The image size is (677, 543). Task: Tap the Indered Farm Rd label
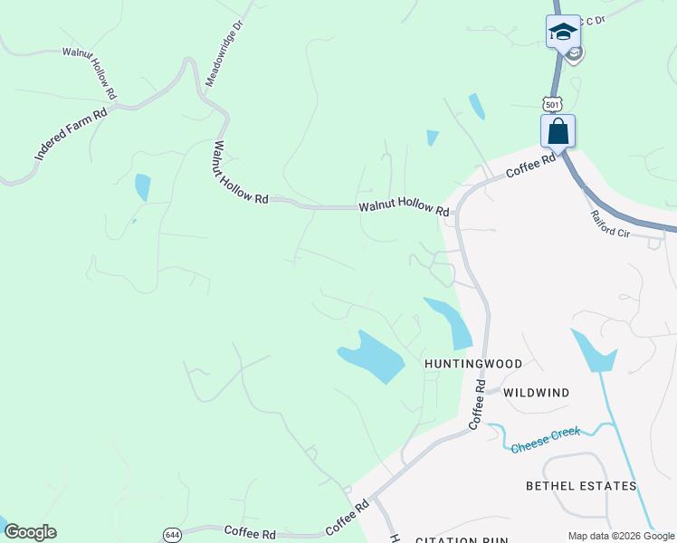(72, 134)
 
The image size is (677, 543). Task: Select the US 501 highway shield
(553, 105)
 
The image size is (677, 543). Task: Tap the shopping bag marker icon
(558, 132)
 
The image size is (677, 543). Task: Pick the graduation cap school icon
(563, 32)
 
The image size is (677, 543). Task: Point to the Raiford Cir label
(609, 224)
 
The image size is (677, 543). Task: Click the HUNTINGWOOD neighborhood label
(473, 364)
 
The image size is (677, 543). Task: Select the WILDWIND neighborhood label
(536, 393)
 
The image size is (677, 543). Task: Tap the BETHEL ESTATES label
(581, 486)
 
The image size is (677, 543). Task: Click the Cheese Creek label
(545, 439)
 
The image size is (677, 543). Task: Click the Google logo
(30, 532)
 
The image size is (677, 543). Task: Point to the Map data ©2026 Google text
(620, 536)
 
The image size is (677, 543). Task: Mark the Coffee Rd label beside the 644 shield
(249, 533)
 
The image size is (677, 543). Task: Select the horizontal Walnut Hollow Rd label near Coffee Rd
(404, 208)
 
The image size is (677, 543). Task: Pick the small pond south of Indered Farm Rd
(142, 186)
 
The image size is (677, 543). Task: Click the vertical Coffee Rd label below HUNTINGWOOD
(478, 405)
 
